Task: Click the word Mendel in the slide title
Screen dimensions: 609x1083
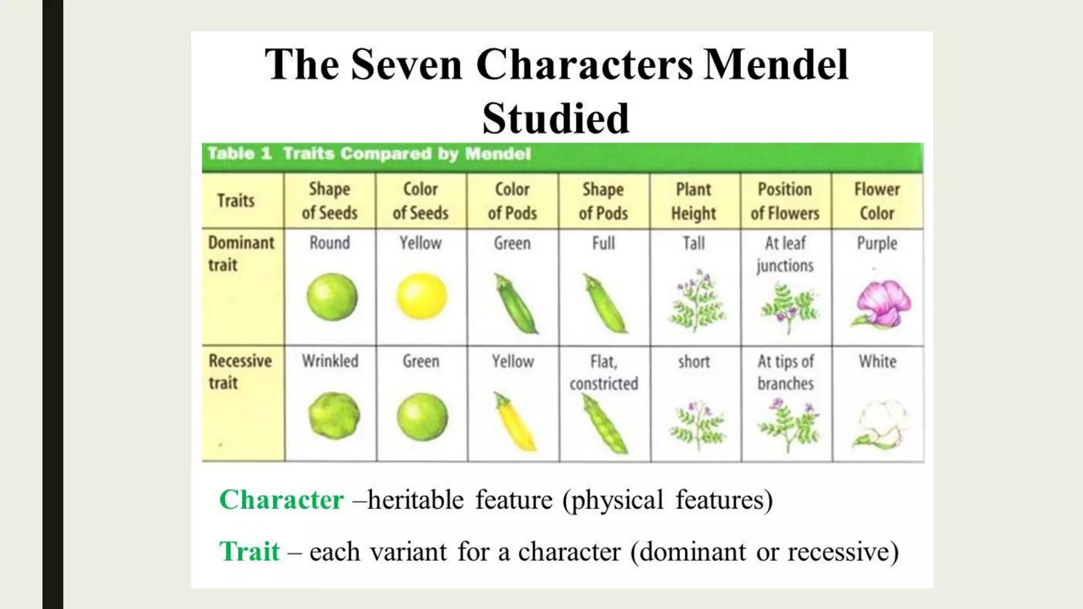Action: coord(776,64)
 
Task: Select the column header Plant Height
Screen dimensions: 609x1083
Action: coord(694,201)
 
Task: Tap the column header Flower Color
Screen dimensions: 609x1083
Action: coord(877,201)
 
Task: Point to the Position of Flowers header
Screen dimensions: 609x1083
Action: coord(785,201)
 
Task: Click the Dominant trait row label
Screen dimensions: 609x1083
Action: coord(241,254)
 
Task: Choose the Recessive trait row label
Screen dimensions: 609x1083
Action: coord(240,372)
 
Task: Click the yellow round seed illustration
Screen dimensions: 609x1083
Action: coord(421,296)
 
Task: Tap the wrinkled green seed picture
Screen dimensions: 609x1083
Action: coord(333,416)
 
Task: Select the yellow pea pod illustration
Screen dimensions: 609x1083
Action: coord(515,421)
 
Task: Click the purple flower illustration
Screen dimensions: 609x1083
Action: coord(882,303)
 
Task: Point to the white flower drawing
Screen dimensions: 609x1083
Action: coord(880,425)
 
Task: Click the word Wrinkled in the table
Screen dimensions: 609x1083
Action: coord(330,361)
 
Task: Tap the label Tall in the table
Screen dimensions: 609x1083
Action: coord(694,243)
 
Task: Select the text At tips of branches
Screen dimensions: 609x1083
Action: coord(785,372)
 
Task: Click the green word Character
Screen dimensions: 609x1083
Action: coord(281,500)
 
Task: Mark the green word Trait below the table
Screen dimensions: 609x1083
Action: coord(249,551)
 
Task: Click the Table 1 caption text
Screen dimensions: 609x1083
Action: coord(369,154)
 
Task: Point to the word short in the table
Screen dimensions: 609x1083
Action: coord(694,362)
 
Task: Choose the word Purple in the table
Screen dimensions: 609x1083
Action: coord(877,243)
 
